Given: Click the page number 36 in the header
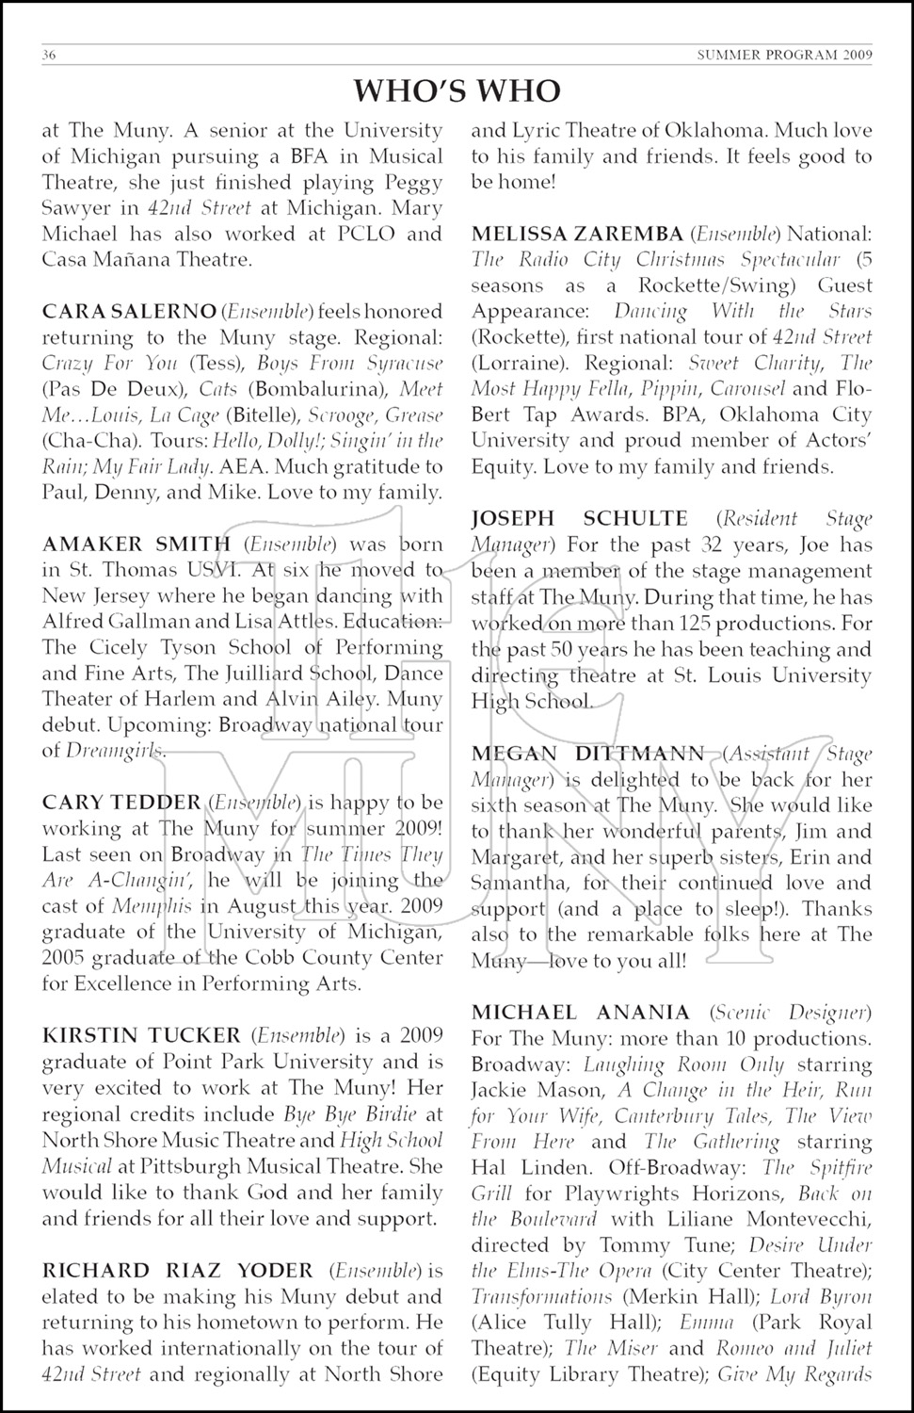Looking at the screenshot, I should coord(50,56).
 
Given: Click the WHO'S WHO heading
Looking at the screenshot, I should coord(457,90).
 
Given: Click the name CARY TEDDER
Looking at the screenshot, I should coord(121,803).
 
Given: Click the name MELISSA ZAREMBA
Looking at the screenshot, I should coord(576,233).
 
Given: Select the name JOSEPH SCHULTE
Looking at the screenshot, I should coord(579,518).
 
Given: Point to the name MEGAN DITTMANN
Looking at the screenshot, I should coord(586,753).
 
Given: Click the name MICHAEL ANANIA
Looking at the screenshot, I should coord(580,1013).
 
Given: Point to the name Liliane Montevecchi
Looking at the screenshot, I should coord(765,1219).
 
